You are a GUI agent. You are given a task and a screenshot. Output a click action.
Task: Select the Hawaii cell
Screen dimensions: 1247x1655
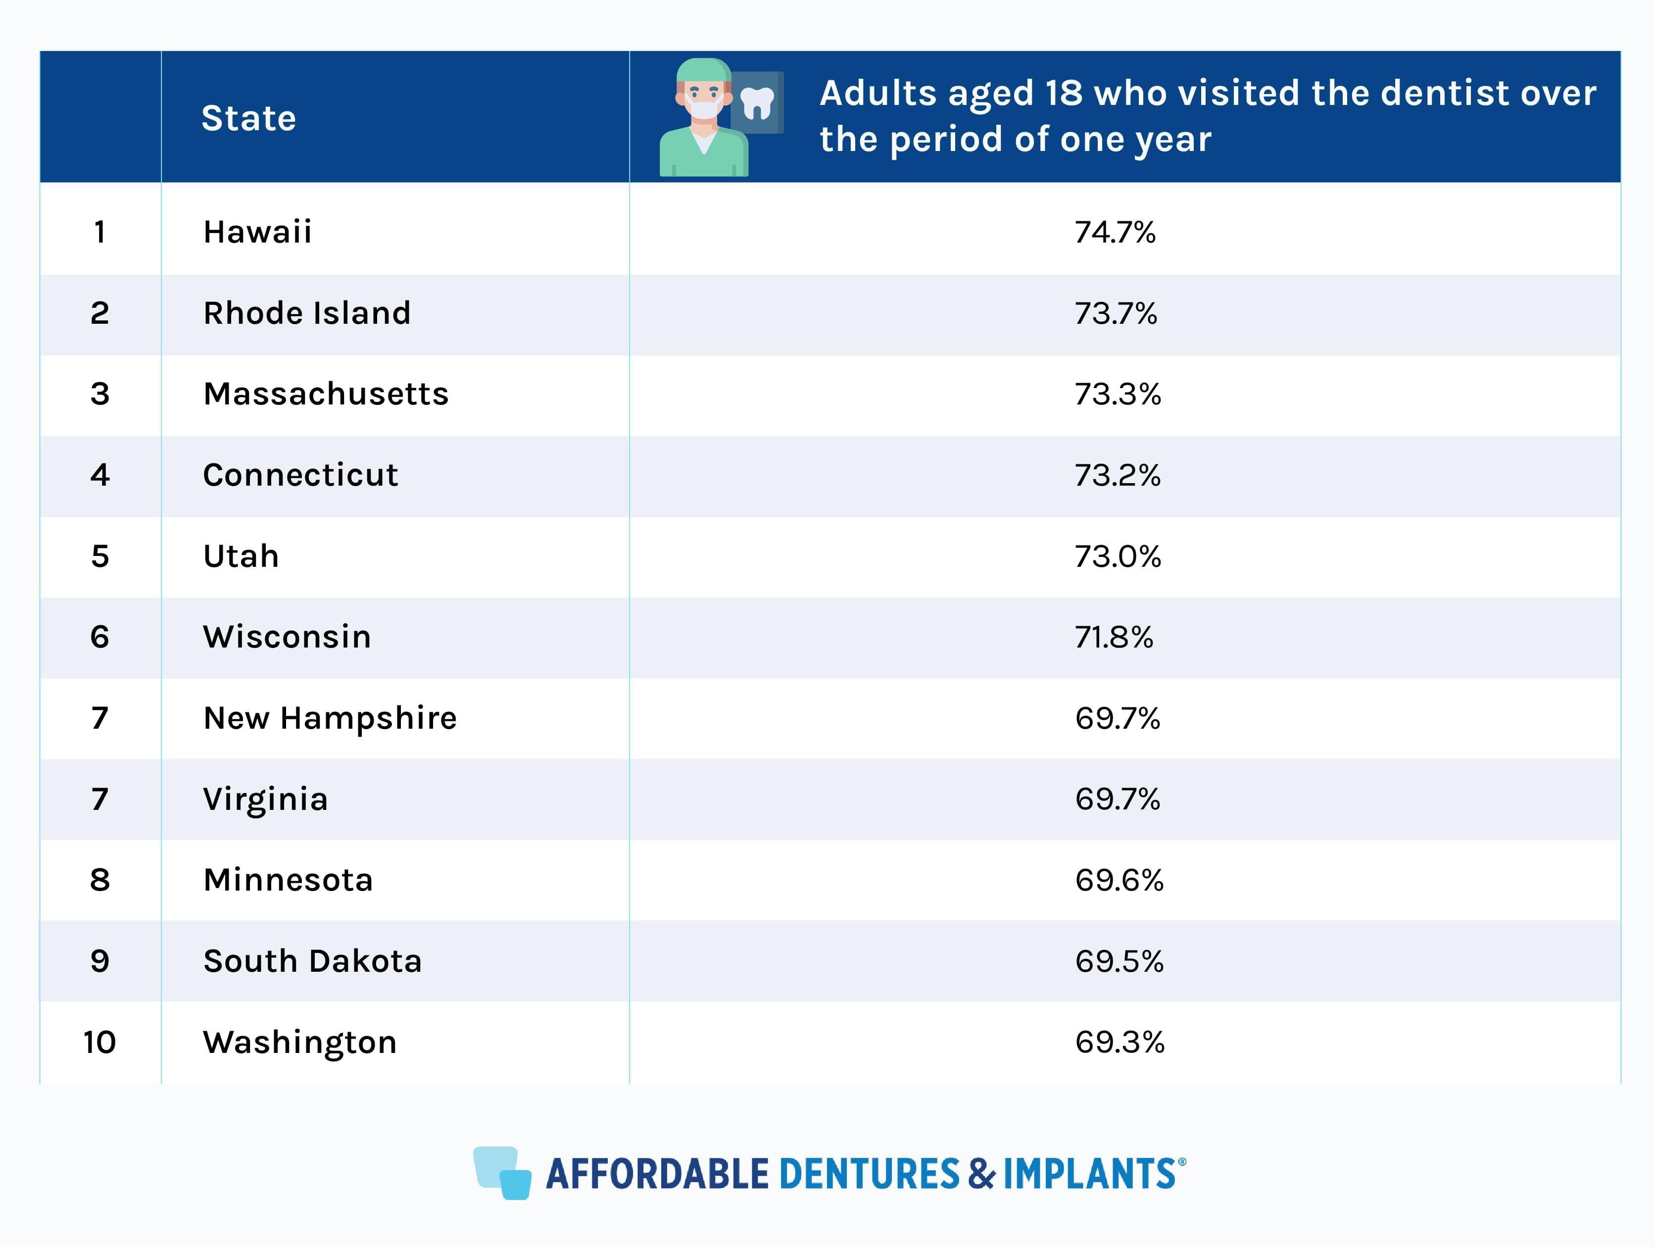[x=257, y=232]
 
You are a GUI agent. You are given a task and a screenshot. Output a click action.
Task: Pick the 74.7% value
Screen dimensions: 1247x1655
[x=1115, y=232]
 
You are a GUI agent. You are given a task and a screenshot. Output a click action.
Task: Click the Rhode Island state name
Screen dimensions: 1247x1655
[x=307, y=313]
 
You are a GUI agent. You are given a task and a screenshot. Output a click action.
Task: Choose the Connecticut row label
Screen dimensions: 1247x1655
[x=300, y=475]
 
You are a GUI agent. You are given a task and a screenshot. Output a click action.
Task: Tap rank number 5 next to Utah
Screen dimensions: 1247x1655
[x=99, y=556]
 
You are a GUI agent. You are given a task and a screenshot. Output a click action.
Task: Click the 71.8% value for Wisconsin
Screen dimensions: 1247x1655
[x=1113, y=637]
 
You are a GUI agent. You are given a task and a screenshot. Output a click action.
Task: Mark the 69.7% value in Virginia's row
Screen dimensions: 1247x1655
[x=1117, y=798]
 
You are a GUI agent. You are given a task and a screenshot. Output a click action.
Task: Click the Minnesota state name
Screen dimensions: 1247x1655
[x=288, y=880]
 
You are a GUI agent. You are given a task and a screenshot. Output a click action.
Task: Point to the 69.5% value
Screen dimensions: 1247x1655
[x=1119, y=961]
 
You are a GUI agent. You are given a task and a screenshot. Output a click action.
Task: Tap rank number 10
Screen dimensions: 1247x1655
[x=99, y=1042]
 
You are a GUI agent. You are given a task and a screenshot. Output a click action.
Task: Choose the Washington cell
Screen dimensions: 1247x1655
[x=299, y=1042]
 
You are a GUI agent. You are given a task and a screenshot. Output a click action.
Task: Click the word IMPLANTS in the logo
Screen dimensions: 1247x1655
[x=1089, y=1174]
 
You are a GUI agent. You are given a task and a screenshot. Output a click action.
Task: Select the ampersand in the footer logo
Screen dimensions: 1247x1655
[x=981, y=1174]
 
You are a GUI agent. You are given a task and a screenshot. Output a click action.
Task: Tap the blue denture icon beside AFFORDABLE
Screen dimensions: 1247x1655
[x=502, y=1172]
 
